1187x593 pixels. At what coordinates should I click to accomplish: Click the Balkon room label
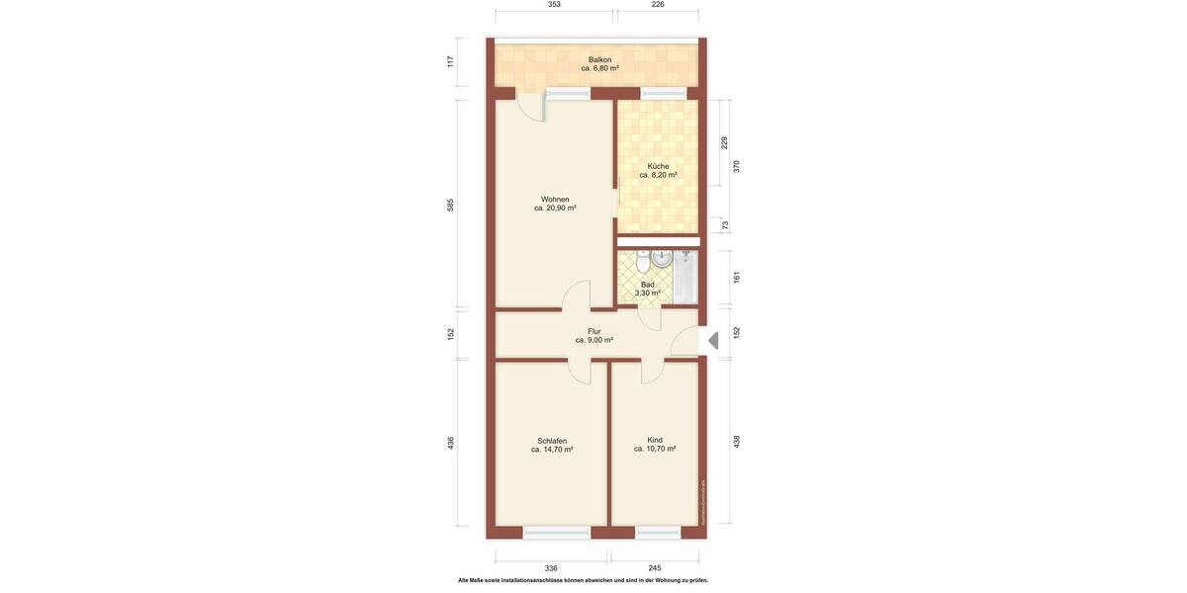[599, 59]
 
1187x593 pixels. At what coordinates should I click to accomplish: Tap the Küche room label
[658, 166]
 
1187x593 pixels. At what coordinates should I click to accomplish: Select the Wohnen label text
[555, 200]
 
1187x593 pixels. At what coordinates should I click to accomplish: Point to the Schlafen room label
[552, 441]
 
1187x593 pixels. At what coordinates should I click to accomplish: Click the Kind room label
[655, 440]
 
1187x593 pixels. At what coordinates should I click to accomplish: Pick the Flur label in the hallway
[594, 332]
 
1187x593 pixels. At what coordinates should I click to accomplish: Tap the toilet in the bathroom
[643, 263]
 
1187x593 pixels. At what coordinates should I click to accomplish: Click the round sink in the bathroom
[662, 259]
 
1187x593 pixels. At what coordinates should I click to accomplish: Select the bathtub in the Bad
[686, 277]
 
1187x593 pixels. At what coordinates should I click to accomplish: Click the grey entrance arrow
[713, 341]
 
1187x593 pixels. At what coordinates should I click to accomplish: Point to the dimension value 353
[554, 5]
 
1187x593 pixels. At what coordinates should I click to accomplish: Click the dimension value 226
[658, 5]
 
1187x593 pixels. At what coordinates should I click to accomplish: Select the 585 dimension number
[451, 205]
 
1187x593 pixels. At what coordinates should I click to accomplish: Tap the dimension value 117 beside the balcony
[451, 61]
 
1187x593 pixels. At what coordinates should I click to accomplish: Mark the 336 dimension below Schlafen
[551, 568]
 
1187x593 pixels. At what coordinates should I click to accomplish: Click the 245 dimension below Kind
[655, 568]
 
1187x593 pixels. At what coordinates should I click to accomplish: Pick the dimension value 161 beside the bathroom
[737, 278]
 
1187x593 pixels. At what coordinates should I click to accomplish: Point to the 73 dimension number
[725, 225]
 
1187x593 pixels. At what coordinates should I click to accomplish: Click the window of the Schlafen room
[557, 533]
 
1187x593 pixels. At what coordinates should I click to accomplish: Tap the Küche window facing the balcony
[663, 94]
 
